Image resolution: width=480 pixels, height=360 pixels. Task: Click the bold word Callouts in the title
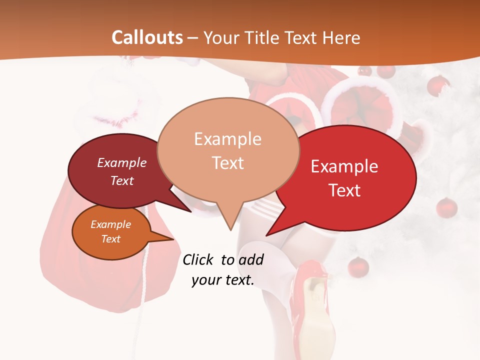[x=147, y=37]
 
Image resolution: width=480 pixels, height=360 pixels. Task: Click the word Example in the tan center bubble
[x=227, y=139]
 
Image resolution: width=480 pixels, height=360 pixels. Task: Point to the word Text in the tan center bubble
[x=228, y=163]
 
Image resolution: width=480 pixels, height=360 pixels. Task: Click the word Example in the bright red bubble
[x=344, y=166]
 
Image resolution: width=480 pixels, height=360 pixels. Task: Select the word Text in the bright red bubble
[x=345, y=190]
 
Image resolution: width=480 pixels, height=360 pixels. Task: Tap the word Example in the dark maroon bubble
[x=122, y=162]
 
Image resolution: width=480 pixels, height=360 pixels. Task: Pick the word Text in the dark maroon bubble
[x=122, y=180]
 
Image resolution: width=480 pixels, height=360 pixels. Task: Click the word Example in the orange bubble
[x=111, y=224]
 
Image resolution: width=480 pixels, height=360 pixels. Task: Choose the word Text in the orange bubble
[x=111, y=239]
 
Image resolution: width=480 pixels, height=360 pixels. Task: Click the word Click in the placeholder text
[x=198, y=259]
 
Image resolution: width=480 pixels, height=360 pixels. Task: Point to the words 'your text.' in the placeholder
[x=223, y=280]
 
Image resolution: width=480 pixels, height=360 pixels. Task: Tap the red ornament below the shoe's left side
[x=358, y=266]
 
